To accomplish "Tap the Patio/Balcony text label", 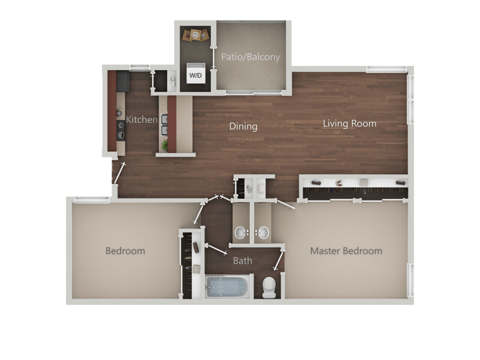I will click(250, 57).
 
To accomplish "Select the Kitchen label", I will click(142, 119).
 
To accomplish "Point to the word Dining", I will click(243, 126).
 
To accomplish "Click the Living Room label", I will click(349, 124).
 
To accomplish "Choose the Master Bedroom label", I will click(346, 251).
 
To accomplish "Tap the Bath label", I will click(242, 260).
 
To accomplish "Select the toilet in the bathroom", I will click(269, 287).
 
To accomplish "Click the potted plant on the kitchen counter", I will click(165, 145).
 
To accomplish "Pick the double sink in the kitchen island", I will click(164, 124).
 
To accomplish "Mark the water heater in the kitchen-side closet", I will click(173, 81).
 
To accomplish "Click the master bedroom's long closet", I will click(354, 188).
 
